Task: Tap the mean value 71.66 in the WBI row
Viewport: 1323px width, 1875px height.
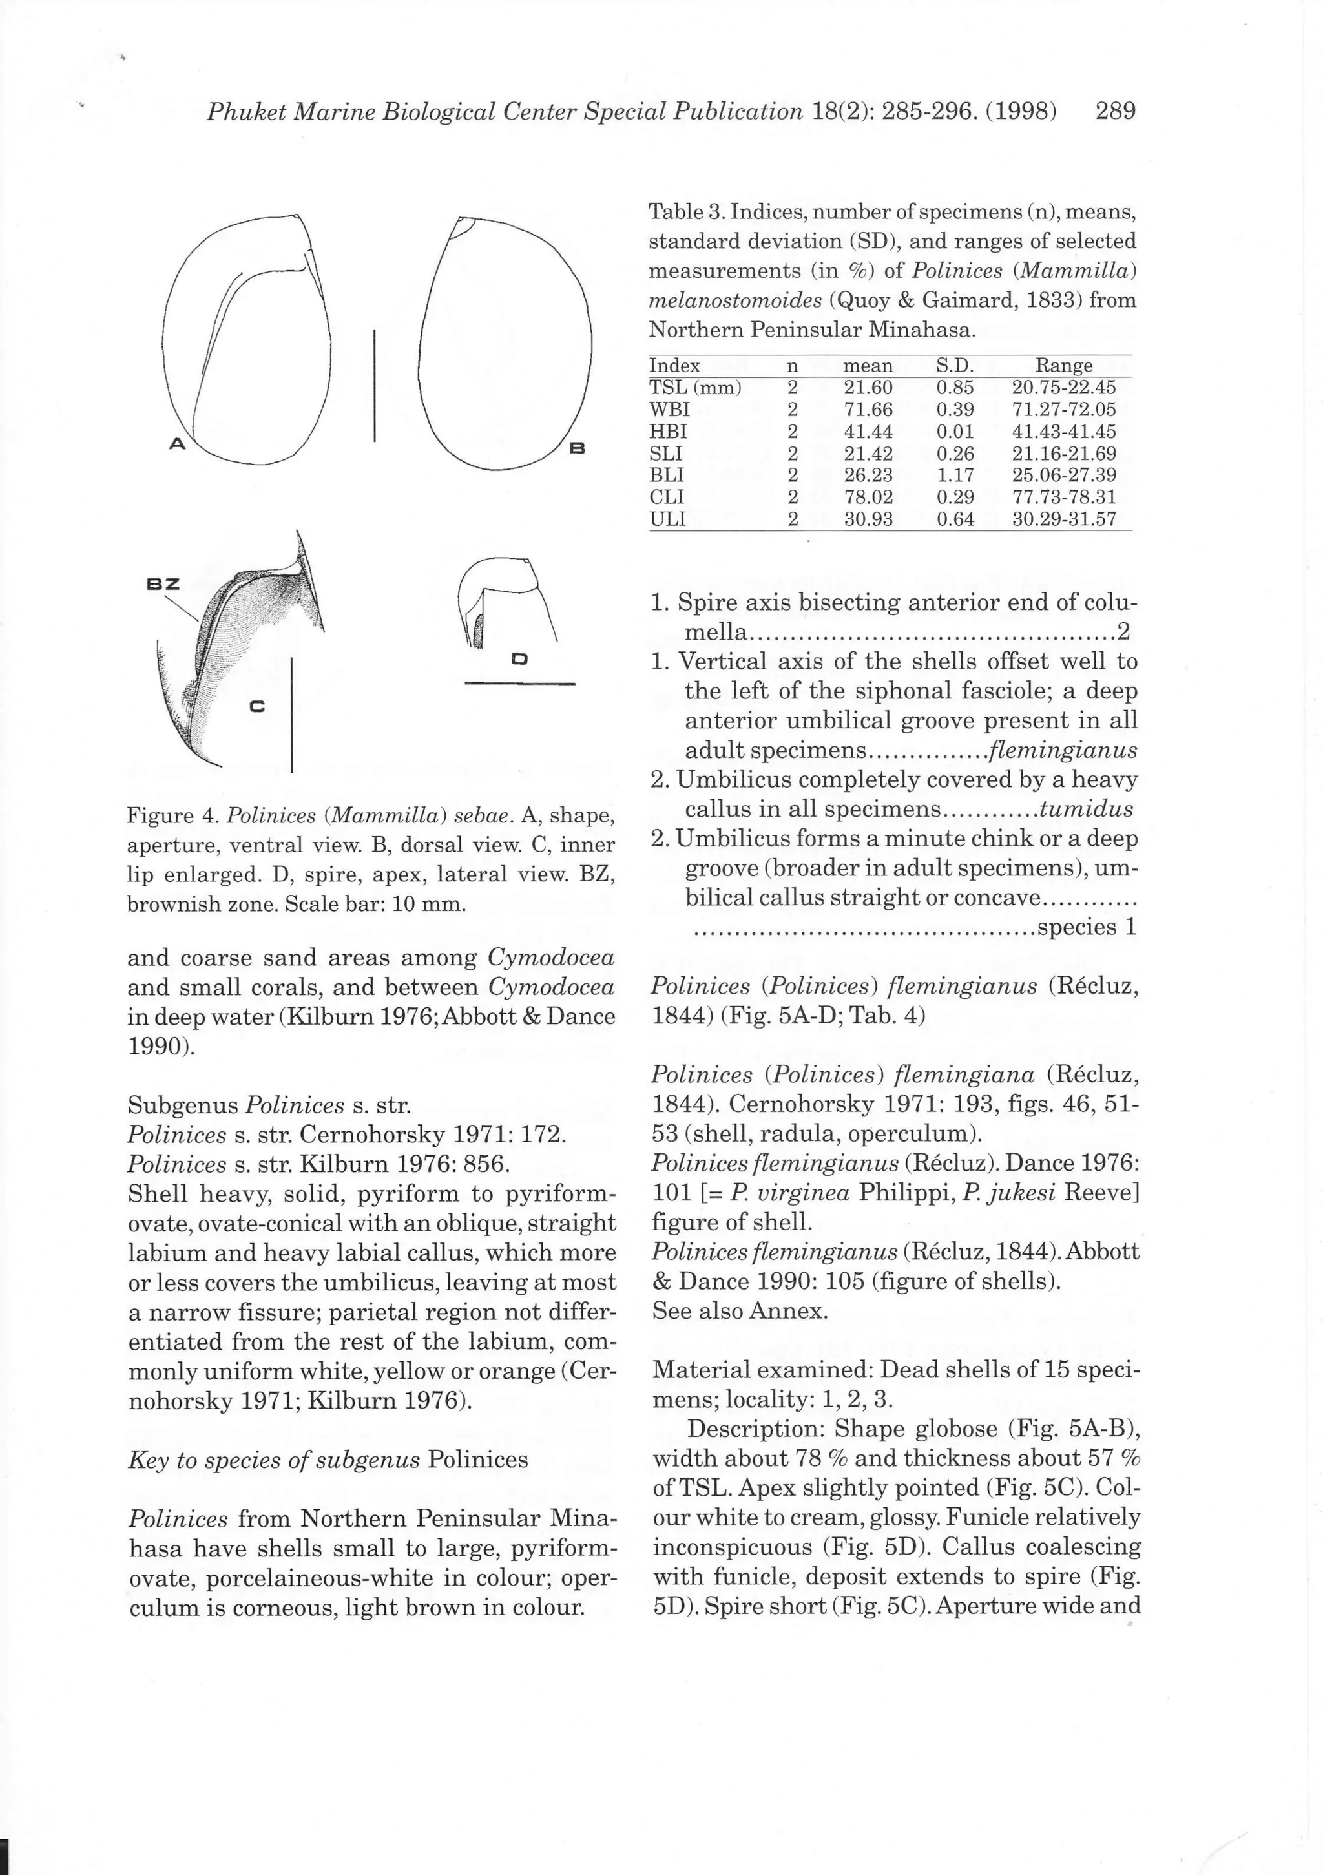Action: (868, 409)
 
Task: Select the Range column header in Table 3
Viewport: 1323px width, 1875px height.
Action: (1063, 365)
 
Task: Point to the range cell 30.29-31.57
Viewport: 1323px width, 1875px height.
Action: (1063, 519)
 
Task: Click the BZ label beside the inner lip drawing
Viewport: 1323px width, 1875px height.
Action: (163, 584)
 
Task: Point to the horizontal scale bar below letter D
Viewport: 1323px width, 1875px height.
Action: (519, 684)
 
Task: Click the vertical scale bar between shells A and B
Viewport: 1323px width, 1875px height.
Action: (374, 386)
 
